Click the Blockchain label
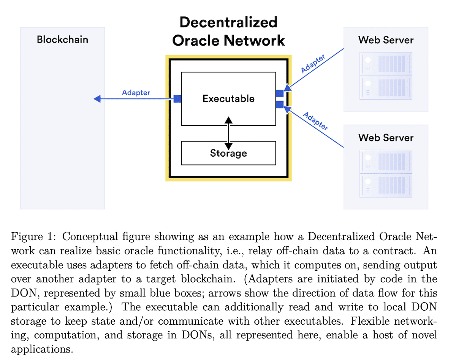point(62,40)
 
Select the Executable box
point(228,99)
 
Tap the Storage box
point(228,153)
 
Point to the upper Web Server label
point(386,40)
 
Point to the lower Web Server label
point(386,137)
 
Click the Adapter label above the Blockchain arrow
point(136,92)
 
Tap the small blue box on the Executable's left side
point(177,99)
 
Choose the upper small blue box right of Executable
point(279,93)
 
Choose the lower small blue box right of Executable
point(279,105)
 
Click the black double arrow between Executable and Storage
point(228,133)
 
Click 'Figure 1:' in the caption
point(34,237)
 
